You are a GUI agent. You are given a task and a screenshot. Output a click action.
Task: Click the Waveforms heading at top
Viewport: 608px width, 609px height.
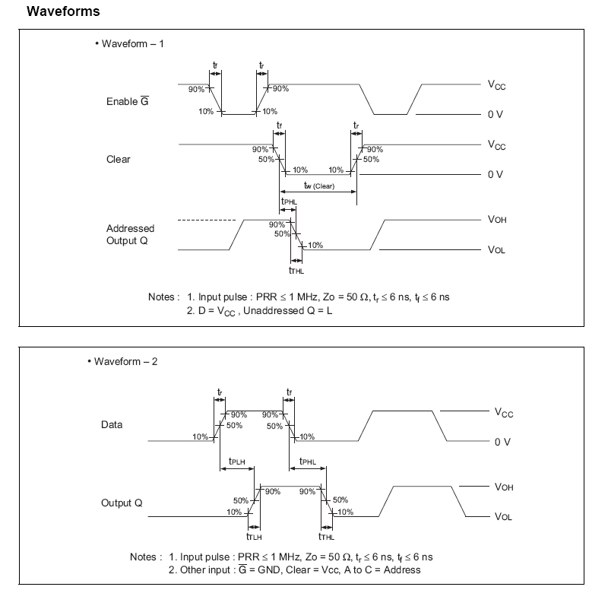63,12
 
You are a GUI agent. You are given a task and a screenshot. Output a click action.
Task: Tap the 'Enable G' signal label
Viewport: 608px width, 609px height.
126,103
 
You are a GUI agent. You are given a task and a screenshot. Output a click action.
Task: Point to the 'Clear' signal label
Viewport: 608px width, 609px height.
118,160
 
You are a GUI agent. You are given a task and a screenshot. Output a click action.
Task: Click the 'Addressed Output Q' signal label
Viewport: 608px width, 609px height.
130,234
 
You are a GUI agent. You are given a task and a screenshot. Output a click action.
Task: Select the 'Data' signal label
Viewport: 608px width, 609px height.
112,425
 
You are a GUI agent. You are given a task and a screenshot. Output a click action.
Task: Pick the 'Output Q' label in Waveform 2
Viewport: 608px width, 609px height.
122,503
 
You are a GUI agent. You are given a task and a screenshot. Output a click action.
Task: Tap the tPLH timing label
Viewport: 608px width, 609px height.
236,462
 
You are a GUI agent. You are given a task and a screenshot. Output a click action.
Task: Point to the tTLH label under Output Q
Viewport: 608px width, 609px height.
254,536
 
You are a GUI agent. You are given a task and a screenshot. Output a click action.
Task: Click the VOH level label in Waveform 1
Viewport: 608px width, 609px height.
497,220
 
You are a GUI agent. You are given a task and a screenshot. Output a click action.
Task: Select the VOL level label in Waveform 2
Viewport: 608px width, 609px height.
503,517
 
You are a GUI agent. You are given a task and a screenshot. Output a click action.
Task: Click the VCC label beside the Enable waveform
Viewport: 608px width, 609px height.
496,85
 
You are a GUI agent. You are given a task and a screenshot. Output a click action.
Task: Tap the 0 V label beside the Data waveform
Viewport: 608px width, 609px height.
502,442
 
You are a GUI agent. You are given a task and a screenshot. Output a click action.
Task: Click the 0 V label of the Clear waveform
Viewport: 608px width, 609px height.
496,175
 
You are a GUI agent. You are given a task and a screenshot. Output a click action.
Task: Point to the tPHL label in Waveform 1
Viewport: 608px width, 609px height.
289,201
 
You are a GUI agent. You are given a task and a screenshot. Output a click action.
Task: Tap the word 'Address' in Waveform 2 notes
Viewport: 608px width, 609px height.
402,569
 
